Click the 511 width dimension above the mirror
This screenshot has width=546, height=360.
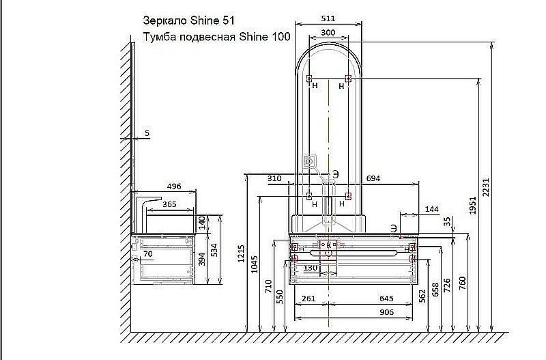[328, 18]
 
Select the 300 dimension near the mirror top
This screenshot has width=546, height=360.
[328, 32]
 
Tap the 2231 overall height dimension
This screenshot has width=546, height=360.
[486, 187]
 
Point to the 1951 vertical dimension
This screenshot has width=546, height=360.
[472, 205]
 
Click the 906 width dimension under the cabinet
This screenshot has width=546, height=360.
[386, 312]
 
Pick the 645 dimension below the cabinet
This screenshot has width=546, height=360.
[386, 299]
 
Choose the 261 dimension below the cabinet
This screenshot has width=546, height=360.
[308, 299]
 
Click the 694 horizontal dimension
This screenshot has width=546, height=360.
[373, 178]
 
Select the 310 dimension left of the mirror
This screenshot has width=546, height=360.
[274, 178]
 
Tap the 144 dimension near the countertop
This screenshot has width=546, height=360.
[432, 209]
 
